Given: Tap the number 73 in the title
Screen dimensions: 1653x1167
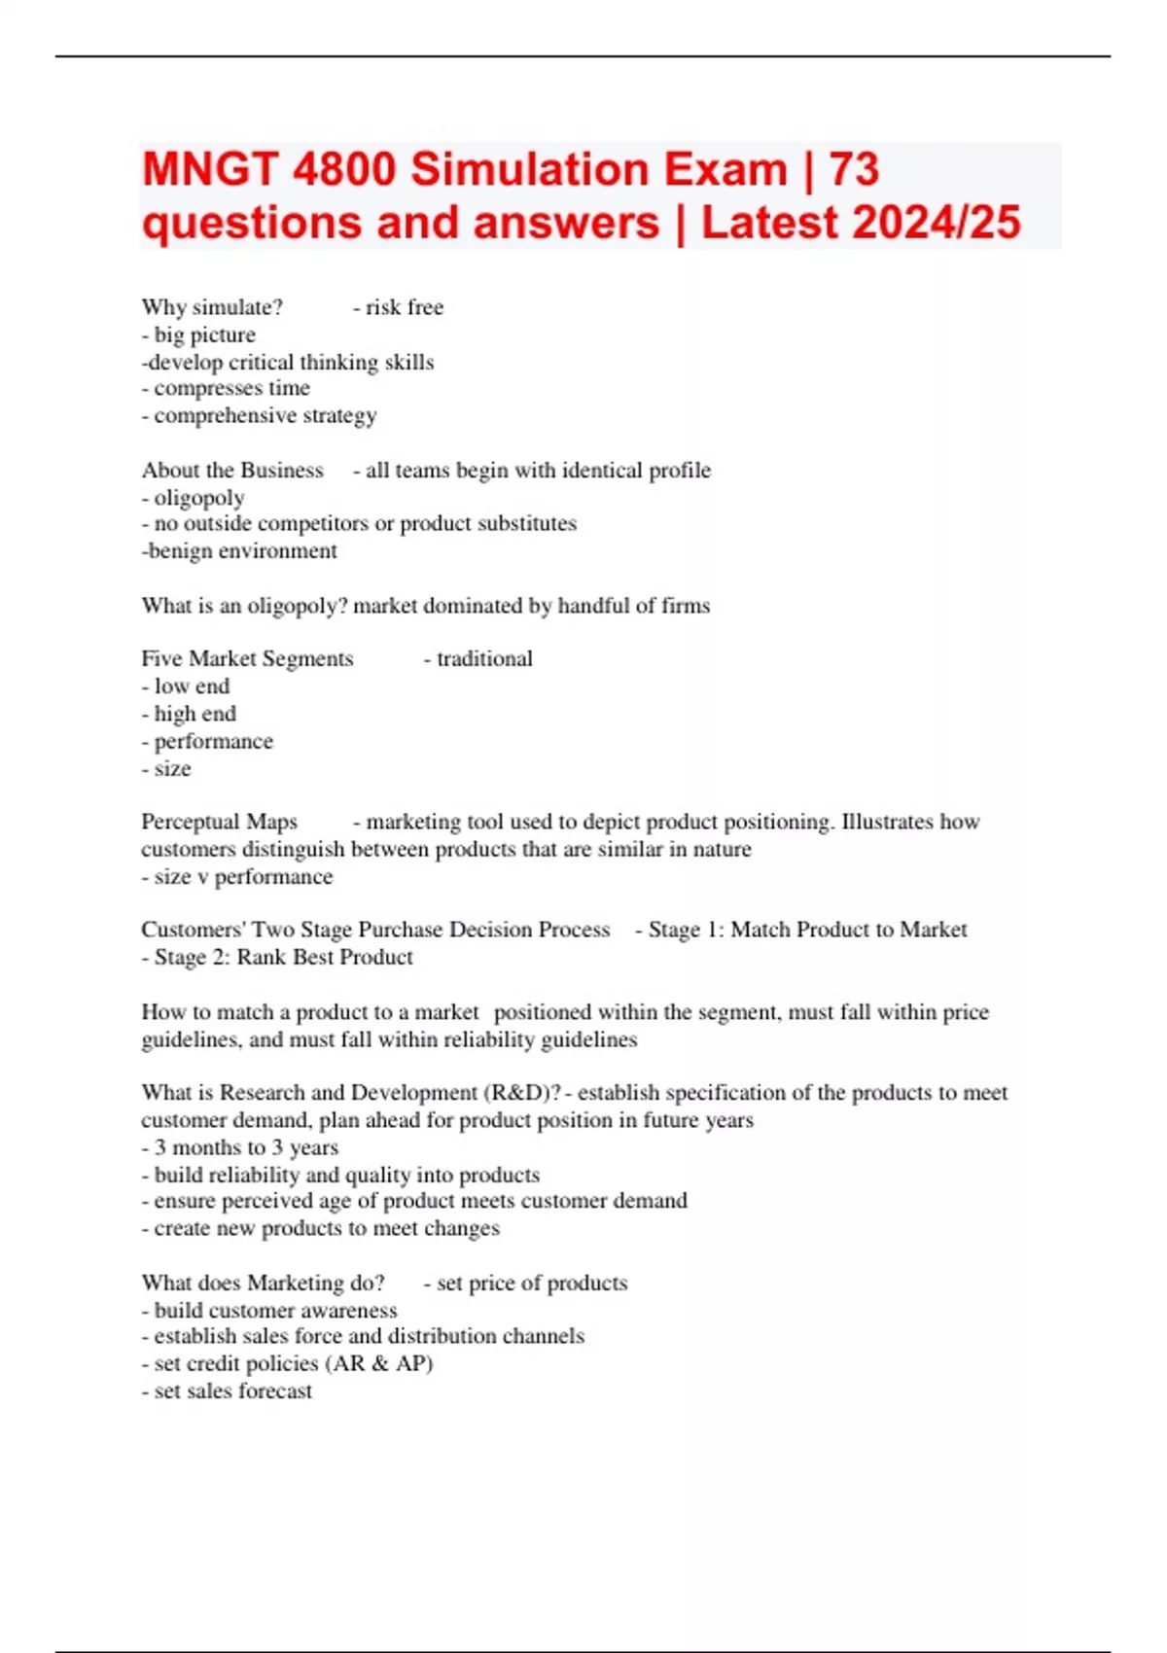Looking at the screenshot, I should (854, 169).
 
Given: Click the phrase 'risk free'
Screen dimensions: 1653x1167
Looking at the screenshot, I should (405, 307).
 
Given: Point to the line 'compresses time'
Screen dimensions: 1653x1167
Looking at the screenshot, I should (231, 388).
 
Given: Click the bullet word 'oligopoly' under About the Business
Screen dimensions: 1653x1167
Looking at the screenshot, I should (199, 498).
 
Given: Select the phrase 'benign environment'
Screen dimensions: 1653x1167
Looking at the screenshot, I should (242, 551).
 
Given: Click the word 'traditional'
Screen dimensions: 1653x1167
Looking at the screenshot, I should (484, 659).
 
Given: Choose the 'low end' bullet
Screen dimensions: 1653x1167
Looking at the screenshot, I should (192, 686).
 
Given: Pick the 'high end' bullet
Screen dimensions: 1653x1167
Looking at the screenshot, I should (194, 714).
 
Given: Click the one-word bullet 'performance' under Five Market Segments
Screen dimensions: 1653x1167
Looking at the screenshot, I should (213, 741).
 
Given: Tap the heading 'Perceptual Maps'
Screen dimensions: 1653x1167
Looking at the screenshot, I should (220, 822).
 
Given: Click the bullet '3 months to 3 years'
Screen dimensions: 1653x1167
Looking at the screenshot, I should (246, 1147).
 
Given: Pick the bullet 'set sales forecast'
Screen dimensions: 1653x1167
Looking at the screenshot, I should (233, 1391).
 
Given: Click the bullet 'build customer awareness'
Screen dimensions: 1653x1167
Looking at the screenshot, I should (275, 1310).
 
